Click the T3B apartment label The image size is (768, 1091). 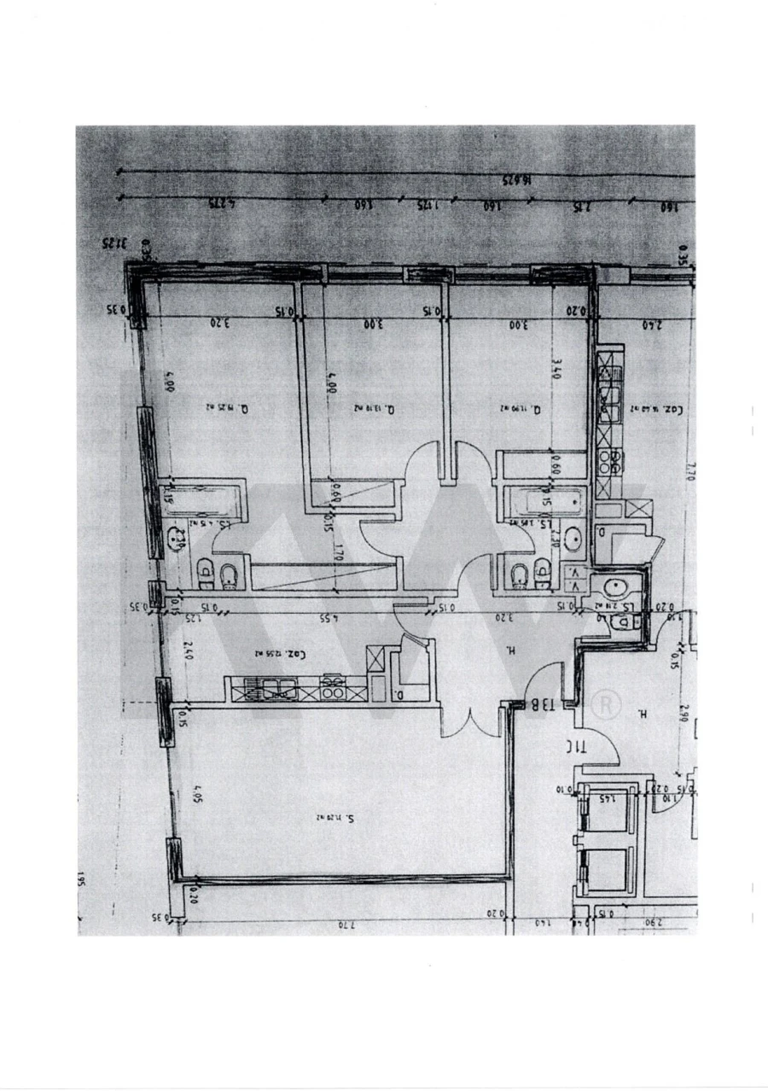point(544,704)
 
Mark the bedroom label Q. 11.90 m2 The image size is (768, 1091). point(521,409)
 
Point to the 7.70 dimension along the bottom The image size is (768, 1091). point(346,924)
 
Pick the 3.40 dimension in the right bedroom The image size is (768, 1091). point(556,369)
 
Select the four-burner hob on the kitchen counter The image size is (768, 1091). point(333,687)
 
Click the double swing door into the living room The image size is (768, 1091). point(468,724)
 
